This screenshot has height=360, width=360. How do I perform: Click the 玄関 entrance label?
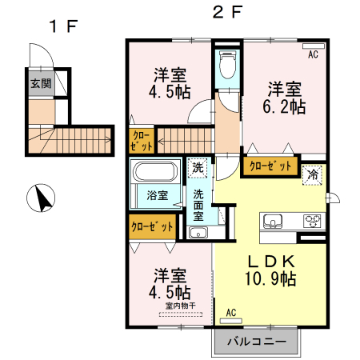39,83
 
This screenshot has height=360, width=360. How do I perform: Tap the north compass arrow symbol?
39,196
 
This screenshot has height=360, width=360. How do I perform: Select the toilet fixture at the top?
227,65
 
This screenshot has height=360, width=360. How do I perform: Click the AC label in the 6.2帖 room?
313,54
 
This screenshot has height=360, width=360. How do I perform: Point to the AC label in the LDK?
231,312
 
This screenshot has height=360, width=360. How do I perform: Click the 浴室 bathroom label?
157,195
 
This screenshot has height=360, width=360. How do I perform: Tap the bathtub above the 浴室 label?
157,173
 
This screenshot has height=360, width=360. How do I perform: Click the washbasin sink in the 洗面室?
198,233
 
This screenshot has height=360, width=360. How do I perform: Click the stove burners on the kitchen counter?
311,222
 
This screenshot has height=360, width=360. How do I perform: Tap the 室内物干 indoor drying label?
180,305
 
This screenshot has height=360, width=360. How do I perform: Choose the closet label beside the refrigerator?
269,167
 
